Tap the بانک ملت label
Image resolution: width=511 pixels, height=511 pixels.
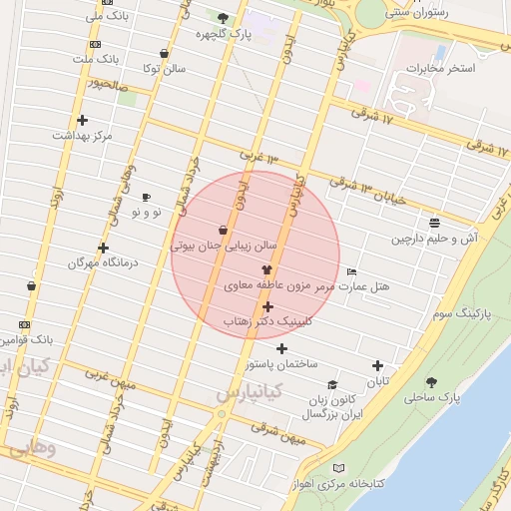(95, 59)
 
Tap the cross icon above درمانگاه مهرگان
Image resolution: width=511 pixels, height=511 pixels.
(103, 248)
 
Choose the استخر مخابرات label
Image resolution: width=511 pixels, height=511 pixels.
(439, 69)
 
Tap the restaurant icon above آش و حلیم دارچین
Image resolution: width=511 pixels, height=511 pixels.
(434, 223)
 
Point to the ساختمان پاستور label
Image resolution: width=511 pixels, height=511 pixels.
(283, 364)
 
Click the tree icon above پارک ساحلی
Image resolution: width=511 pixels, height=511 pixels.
(431, 381)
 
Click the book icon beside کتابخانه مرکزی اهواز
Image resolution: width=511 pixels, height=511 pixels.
(338, 468)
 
